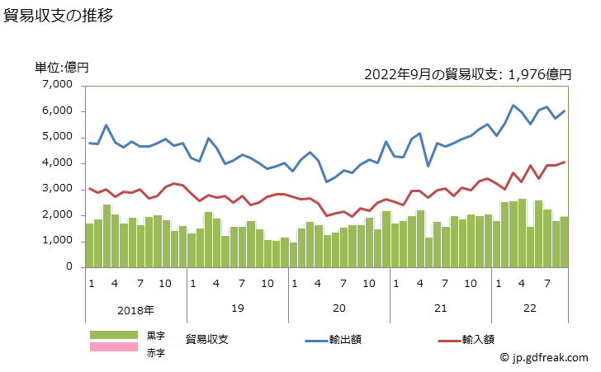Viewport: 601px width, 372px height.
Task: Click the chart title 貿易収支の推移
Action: coord(59,15)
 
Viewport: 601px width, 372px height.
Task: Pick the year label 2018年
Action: coord(135,310)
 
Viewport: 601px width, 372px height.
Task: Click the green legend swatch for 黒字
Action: coord(114,335)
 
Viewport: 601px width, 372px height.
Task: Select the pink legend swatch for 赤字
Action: coord(114,347)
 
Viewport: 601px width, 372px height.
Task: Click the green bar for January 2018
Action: coord(89,245)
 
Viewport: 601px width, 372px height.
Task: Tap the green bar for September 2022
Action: coord(565,242)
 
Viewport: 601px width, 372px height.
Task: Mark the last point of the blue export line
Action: coord(565,111)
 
